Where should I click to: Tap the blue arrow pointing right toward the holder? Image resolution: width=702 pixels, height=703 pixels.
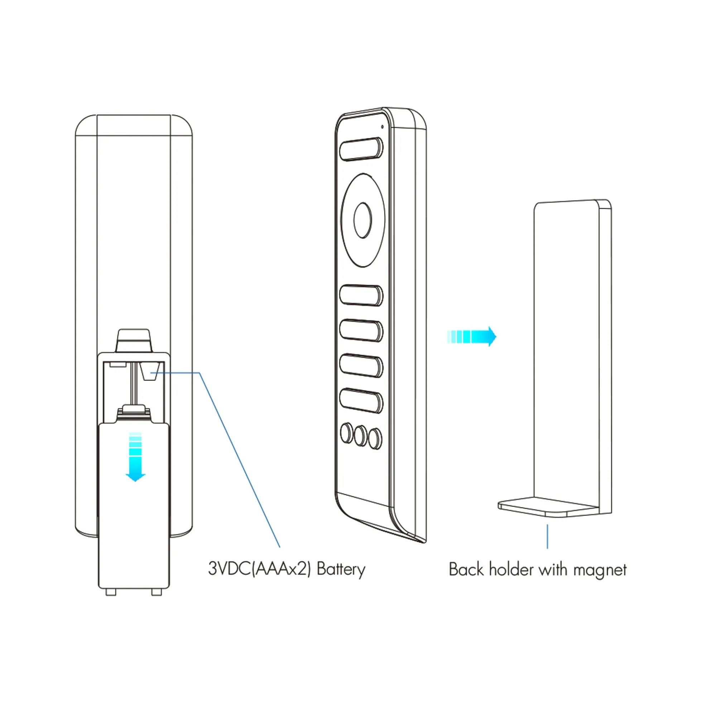coord(471,336)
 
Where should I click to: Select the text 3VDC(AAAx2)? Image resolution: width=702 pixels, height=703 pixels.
coord(259,569)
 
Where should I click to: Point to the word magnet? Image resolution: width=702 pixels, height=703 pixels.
coord(600,570)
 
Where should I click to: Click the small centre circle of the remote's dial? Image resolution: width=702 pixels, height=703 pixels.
coord(362,220)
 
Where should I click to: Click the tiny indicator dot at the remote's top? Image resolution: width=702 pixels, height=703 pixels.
coord(382,127)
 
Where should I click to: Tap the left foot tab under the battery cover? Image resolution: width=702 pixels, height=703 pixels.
coord(111,592)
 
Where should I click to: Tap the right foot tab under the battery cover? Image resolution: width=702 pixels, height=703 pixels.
coord(156,592)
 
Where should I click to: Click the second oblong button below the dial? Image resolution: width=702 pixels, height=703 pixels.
coord(361,331)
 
